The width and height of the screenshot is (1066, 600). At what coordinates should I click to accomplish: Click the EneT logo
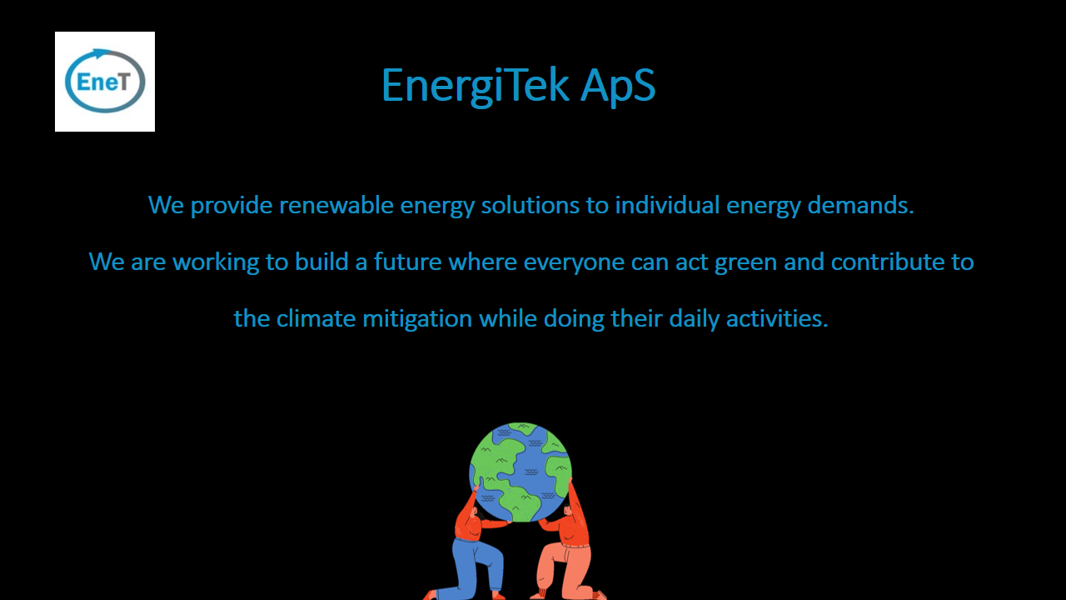[x=105, y=82]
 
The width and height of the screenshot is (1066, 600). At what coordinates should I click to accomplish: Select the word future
[x=408, y=262]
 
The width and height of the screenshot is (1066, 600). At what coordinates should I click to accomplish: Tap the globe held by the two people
[x=521, y=472]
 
